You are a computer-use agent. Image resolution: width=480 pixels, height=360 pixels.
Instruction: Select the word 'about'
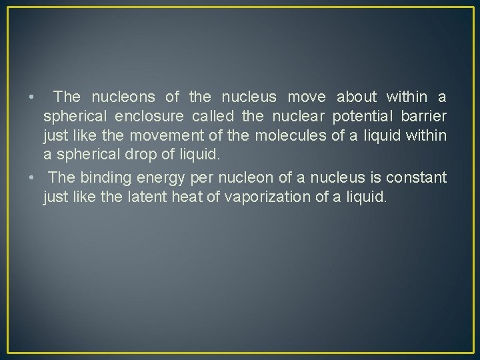pyautogui.click(x=357, y=97)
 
